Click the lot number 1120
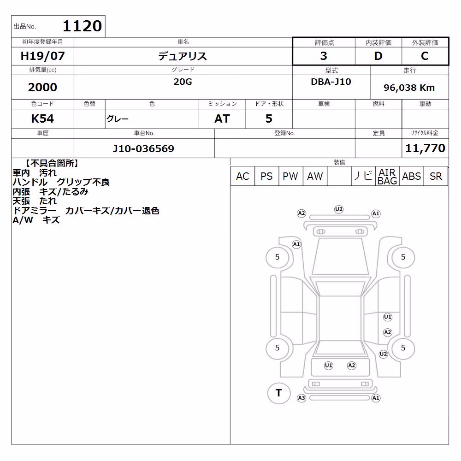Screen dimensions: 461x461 pos(83,26)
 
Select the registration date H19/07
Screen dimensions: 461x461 pos(42,56)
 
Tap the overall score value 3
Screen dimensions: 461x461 pos(324,56)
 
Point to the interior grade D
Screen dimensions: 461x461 pos(378,56)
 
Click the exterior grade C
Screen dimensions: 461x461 pos(425,56)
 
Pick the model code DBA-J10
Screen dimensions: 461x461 pos(331,82)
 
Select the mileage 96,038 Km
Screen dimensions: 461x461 pos(409,88)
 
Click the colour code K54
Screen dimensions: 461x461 pos(42,119)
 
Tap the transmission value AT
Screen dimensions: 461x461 pos(222,119)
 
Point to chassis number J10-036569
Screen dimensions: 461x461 pos(143,148)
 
